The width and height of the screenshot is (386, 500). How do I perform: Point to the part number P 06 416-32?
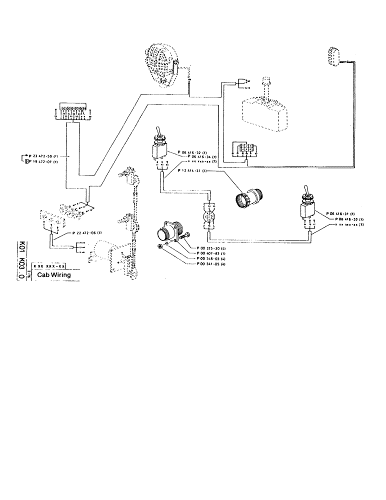[192, 150]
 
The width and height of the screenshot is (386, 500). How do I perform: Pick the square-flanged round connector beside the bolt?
[168, 233]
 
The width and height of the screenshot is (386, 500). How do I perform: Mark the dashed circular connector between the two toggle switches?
[209, 218]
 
